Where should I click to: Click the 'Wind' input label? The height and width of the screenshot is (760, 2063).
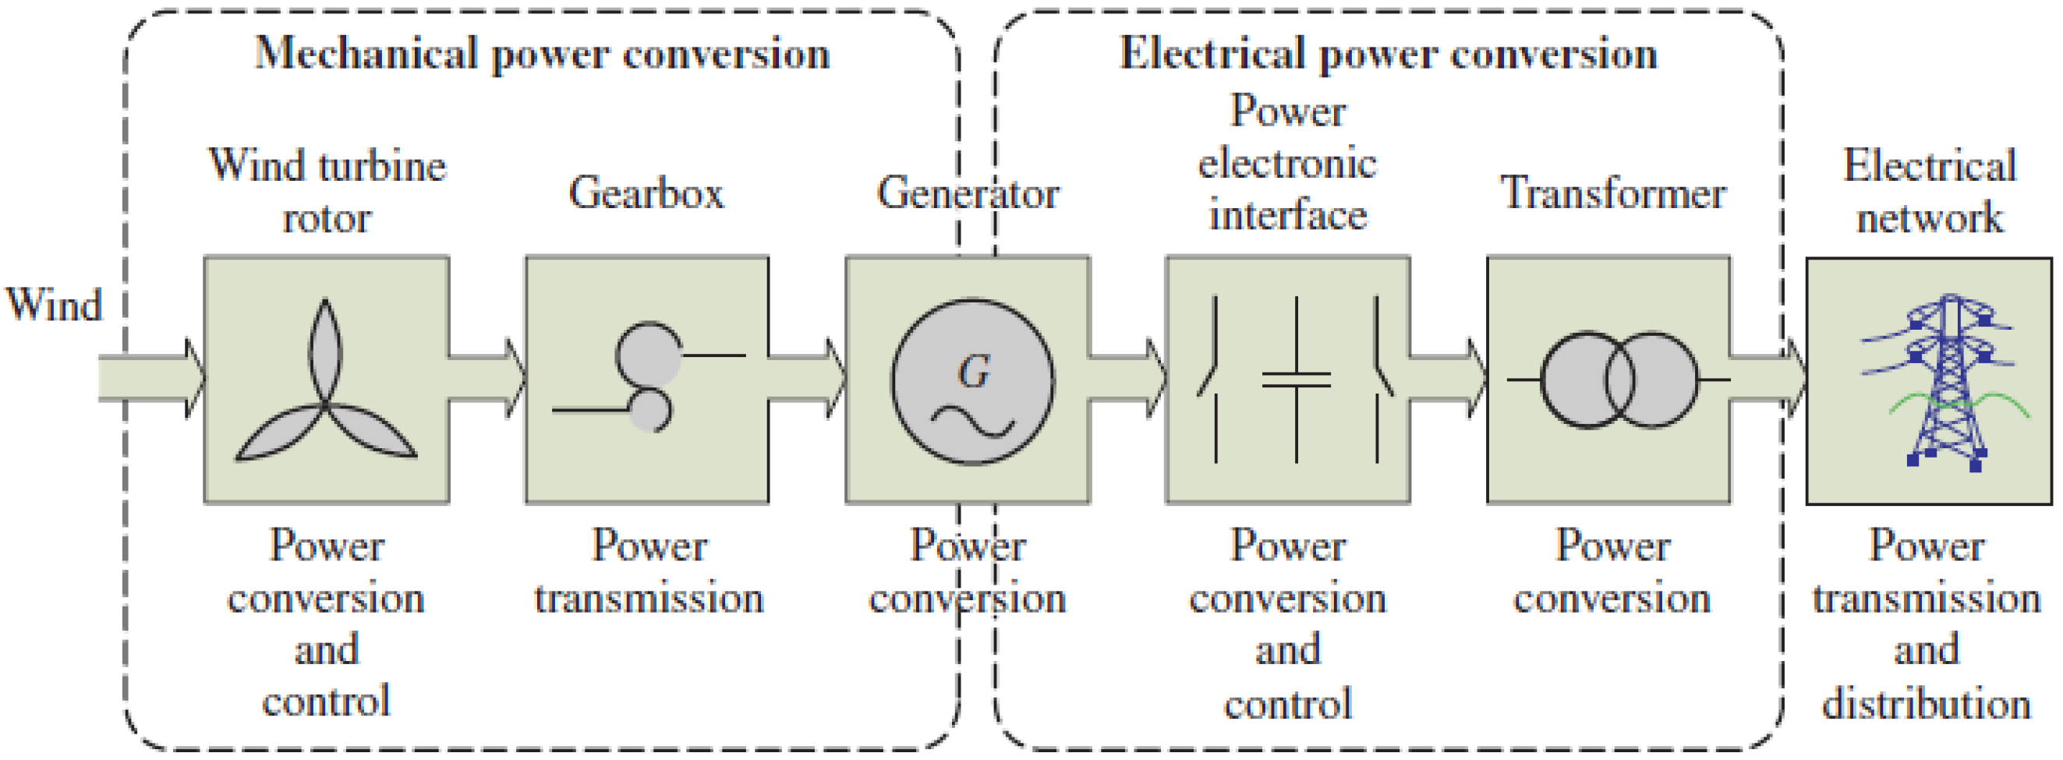[54, 304]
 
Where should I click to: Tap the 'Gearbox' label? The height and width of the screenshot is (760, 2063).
[646, 193]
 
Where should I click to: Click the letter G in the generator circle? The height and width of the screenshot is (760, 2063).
[973, 372]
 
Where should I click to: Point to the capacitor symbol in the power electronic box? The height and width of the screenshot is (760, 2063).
[1296, 379]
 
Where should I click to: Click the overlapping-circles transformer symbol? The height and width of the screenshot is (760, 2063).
[1618, 380]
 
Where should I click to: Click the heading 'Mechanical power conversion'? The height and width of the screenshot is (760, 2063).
[542, 55]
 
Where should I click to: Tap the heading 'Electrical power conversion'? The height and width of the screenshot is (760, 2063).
[1387, 55]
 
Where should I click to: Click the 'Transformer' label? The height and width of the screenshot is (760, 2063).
[1612, 193]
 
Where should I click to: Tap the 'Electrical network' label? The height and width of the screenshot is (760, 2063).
[1929, 192]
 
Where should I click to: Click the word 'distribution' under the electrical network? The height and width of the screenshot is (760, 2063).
[1926, 703]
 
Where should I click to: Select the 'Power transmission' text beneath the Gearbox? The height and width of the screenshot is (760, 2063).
[649, 572]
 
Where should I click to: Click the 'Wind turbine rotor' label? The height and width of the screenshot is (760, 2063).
[327, 192]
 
